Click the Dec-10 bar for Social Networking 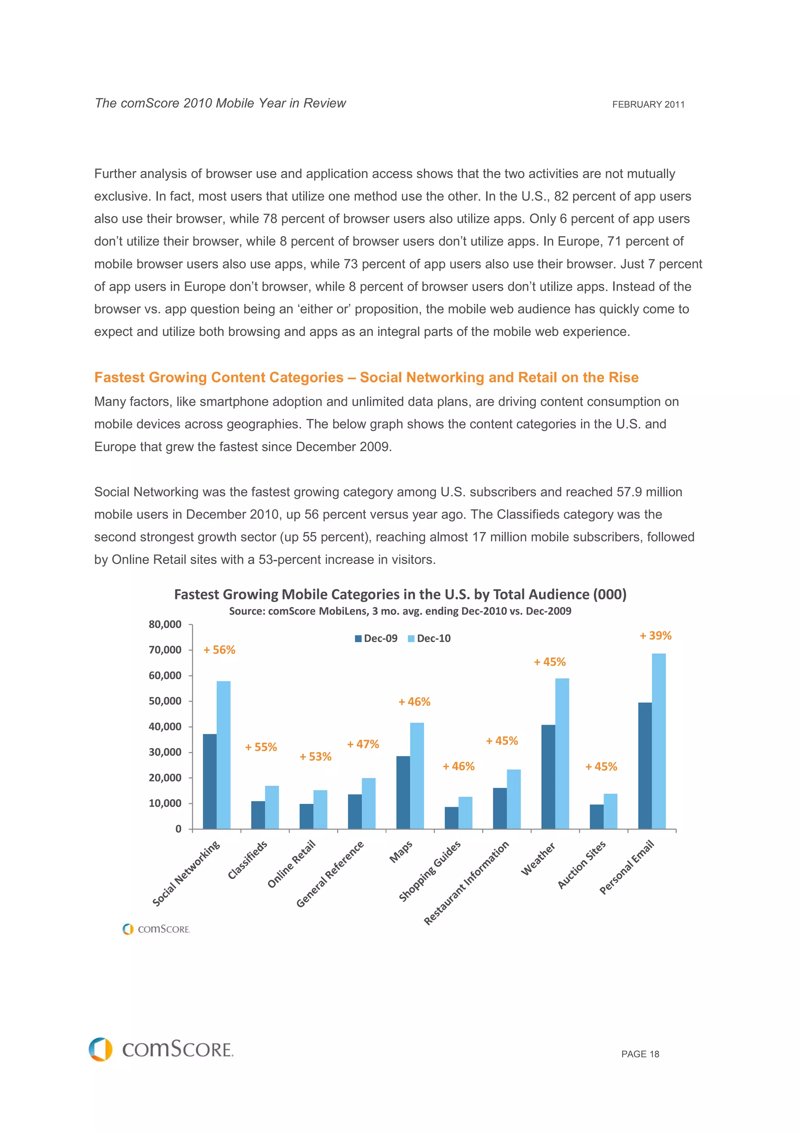(223, 754)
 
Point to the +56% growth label (220, 650)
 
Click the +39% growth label (655, 636)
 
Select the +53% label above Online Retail (316, 756)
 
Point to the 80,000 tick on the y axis (165, 624)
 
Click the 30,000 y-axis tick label (165, 752)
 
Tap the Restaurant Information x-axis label (466, 882)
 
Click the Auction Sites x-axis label (581, 865)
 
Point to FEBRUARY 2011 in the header (648, 105)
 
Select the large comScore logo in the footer (161, 1049)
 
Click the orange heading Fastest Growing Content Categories (366, 377)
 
